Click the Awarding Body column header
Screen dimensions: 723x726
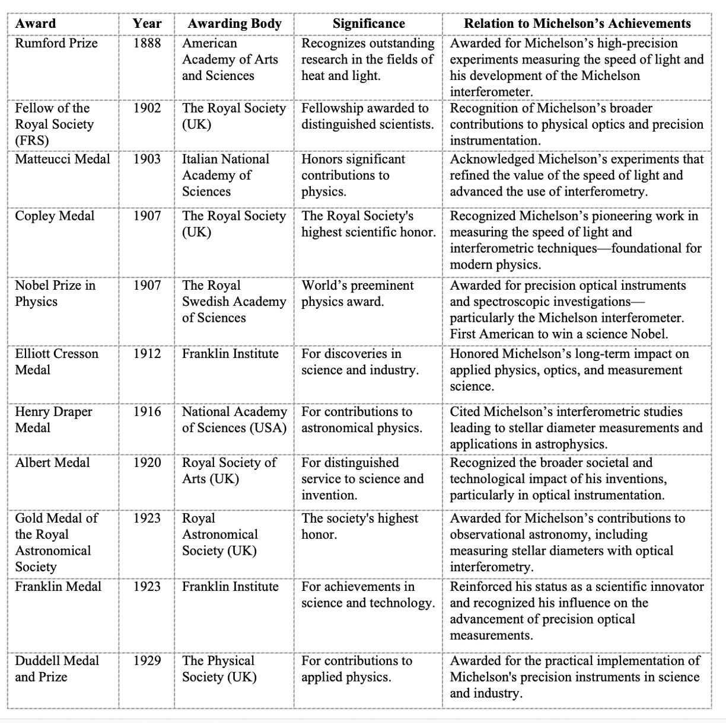click(234, 24)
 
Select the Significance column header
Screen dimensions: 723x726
click(368, 24)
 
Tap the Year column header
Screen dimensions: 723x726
click(147, 24)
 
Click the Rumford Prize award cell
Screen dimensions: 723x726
click(56, 43)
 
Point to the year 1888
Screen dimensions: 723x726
click(147, 43)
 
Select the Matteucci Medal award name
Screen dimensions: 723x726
click(62, 159)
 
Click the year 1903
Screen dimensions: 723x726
click(147, 159)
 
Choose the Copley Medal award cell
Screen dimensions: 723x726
click(55, 216)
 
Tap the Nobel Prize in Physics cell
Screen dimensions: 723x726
click(55, 293)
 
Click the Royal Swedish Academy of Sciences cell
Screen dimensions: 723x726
click(234, 301)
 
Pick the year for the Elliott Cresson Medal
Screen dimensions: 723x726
click(147, 354)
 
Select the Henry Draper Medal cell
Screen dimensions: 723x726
click(53, 419)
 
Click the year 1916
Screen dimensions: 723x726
click(147, 411)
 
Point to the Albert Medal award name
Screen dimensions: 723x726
click(52, 462)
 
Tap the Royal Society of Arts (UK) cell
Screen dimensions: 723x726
click(229, 471)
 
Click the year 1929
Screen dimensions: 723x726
click(147, 660)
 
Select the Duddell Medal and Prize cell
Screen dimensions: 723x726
click(57, 668)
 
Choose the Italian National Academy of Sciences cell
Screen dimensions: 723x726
click(225, 175)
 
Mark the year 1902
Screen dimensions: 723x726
click(147, 108)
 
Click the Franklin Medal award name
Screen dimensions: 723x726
click(58, 586)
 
